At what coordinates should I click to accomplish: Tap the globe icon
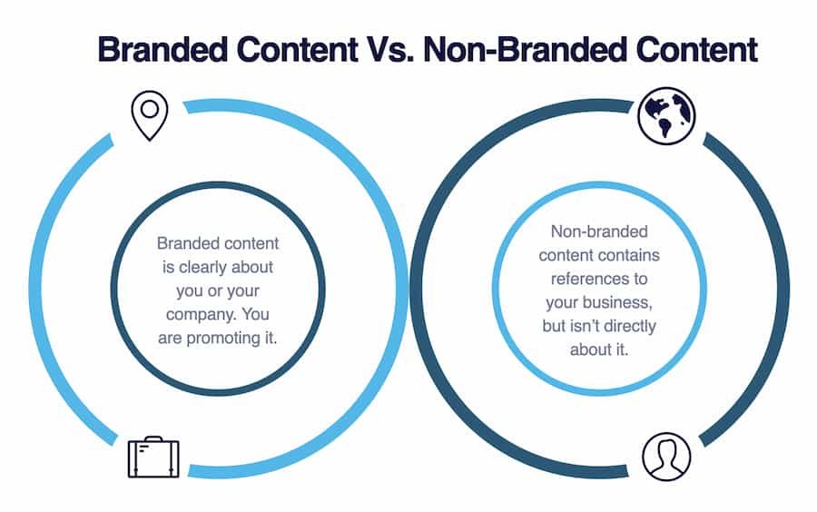click(666, 116)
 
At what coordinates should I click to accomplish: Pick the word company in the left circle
click(194, 314)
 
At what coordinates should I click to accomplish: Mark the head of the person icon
click(665, 448)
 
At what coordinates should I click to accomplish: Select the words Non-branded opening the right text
click(600, 231)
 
